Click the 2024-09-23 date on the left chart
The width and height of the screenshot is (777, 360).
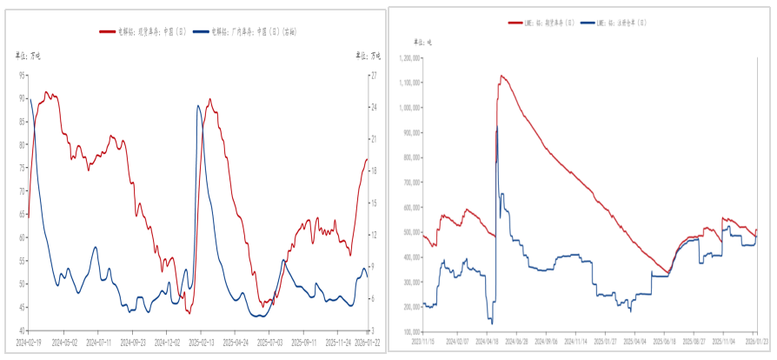coord(133,343)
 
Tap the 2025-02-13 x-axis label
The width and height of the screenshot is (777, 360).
coord(201,343)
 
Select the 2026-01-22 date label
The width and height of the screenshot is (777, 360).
coord(367,343)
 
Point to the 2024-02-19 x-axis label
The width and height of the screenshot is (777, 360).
coord(30,343)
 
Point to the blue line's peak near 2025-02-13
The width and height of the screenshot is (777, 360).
coord(198,106)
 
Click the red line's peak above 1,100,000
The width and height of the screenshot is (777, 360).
coord(501,76)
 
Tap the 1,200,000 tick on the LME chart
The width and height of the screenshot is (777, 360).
coord(409,57)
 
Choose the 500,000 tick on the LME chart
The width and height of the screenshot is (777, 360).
coord(411,232)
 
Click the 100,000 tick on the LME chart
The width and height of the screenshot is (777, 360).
coord(411,331)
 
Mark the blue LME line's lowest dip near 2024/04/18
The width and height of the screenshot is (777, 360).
coord(492,323)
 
